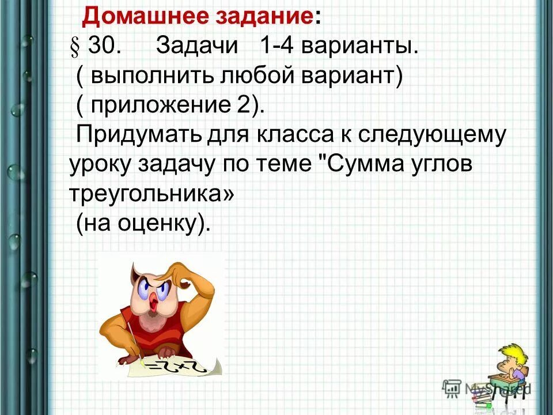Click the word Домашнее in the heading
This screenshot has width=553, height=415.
(137, 17)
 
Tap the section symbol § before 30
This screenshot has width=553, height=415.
(74, 48)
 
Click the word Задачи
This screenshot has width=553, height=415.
(197, 48)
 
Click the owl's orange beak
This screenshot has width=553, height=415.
(154, 302)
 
